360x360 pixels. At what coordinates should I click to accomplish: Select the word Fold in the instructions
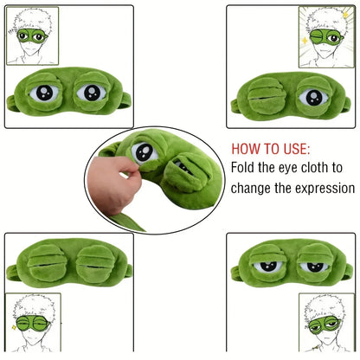point(246,167)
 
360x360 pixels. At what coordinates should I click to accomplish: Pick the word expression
point(324,188)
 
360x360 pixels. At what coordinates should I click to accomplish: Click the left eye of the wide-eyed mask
point(44,93)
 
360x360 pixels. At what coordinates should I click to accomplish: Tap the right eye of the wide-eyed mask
point(90,93)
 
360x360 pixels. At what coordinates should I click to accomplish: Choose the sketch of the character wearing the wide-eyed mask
point(32,36)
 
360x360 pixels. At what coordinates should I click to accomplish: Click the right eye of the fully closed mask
point(91,265)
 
